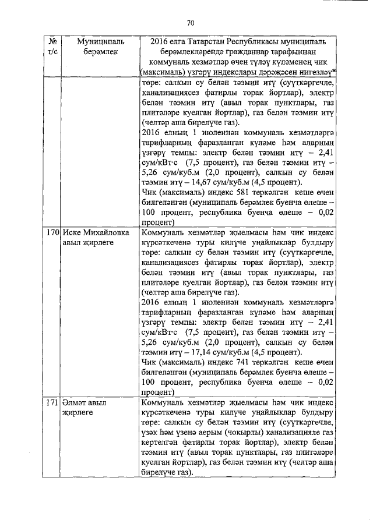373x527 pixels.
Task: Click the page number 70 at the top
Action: click(x=190, y=23)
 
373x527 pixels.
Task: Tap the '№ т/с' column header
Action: click(x=53, y=48)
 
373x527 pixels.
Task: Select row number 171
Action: click(x=53, y=403)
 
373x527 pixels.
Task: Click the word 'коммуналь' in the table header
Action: click(x=169, y=62)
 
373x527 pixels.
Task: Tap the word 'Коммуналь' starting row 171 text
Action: click(x=164, y=403)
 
